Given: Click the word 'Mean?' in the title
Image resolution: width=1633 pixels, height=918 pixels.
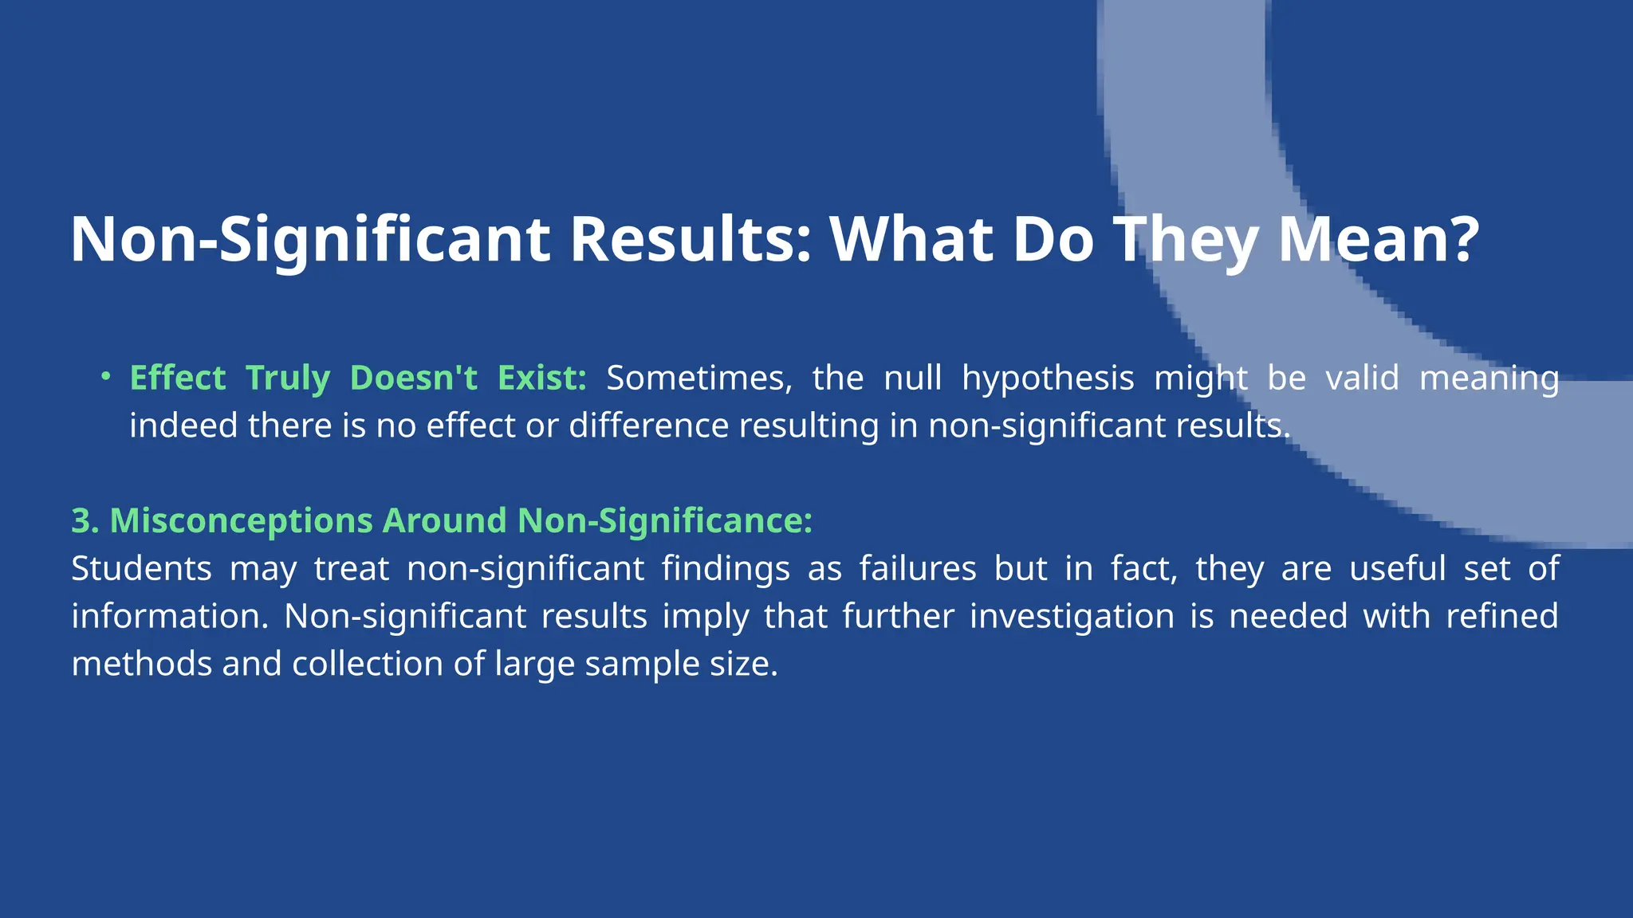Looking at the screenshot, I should coord(1379,239).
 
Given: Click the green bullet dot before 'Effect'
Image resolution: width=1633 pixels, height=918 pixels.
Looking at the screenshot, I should coord(105,376).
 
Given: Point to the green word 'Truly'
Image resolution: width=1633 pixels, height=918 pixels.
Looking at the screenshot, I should coord(287,378).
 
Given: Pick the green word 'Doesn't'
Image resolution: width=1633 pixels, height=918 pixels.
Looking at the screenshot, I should coord(413,378).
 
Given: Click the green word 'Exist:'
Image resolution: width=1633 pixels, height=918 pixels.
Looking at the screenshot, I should coord(542,378).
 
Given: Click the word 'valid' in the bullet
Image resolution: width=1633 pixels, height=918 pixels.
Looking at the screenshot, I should coord(1362,378).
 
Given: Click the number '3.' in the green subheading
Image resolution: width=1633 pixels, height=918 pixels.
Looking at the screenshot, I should coord(85,521).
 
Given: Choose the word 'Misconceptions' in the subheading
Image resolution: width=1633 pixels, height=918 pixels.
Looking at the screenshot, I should coord(241,521).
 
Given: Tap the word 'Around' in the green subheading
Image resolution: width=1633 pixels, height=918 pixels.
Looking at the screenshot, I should coord(444,521).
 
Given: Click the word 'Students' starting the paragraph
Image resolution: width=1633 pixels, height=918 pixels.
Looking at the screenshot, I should coord(141,569).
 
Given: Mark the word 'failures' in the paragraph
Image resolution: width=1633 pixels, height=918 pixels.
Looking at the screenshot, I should coord(917,569).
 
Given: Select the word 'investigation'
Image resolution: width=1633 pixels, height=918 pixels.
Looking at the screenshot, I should coord(1072,617).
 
